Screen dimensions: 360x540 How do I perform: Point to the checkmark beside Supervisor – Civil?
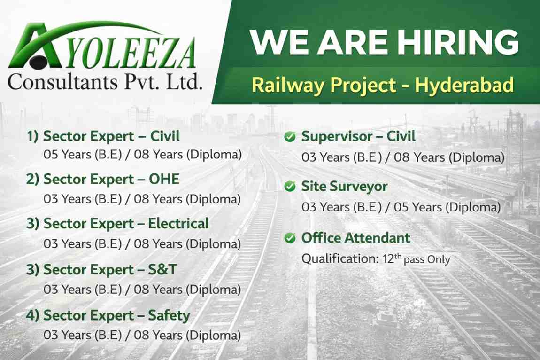[x=290, y=137]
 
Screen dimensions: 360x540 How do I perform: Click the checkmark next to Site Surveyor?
[x=290, y=187]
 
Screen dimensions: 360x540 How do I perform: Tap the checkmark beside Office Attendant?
[x=290, y=238]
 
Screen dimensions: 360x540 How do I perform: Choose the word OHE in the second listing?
[x=164, y=179]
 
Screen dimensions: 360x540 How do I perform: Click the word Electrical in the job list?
[x=178, y=223]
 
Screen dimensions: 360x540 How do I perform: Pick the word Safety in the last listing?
[x=170, y=315]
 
